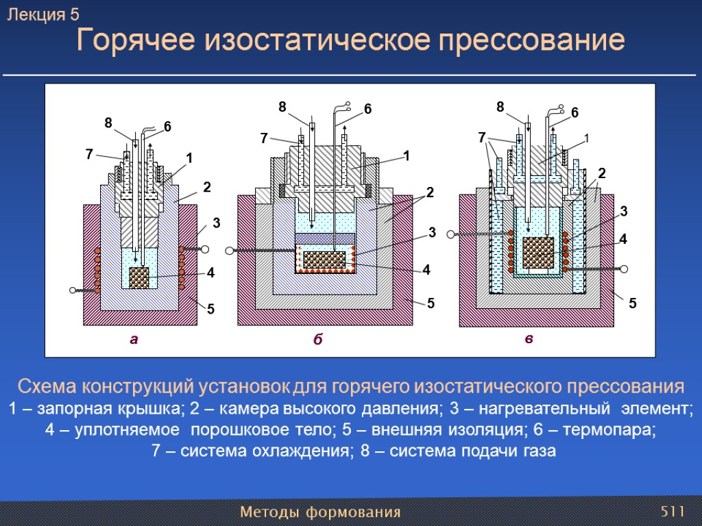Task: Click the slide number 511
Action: tap(673, 512)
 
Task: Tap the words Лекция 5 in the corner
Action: tap(43, 14)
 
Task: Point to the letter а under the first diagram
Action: tap(134, 338)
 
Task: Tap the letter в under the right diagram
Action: tap(529, 338)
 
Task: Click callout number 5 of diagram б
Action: tap(431, 301)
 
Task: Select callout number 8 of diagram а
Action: tap(108, 123)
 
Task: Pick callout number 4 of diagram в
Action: tap(623, 239)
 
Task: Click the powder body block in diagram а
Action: tap(139, 277)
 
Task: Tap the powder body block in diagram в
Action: tap(538, 252)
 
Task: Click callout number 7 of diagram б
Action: tap(264, 138)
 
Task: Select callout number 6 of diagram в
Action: tap(574, 112)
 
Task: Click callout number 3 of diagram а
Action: tap(216, 223)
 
